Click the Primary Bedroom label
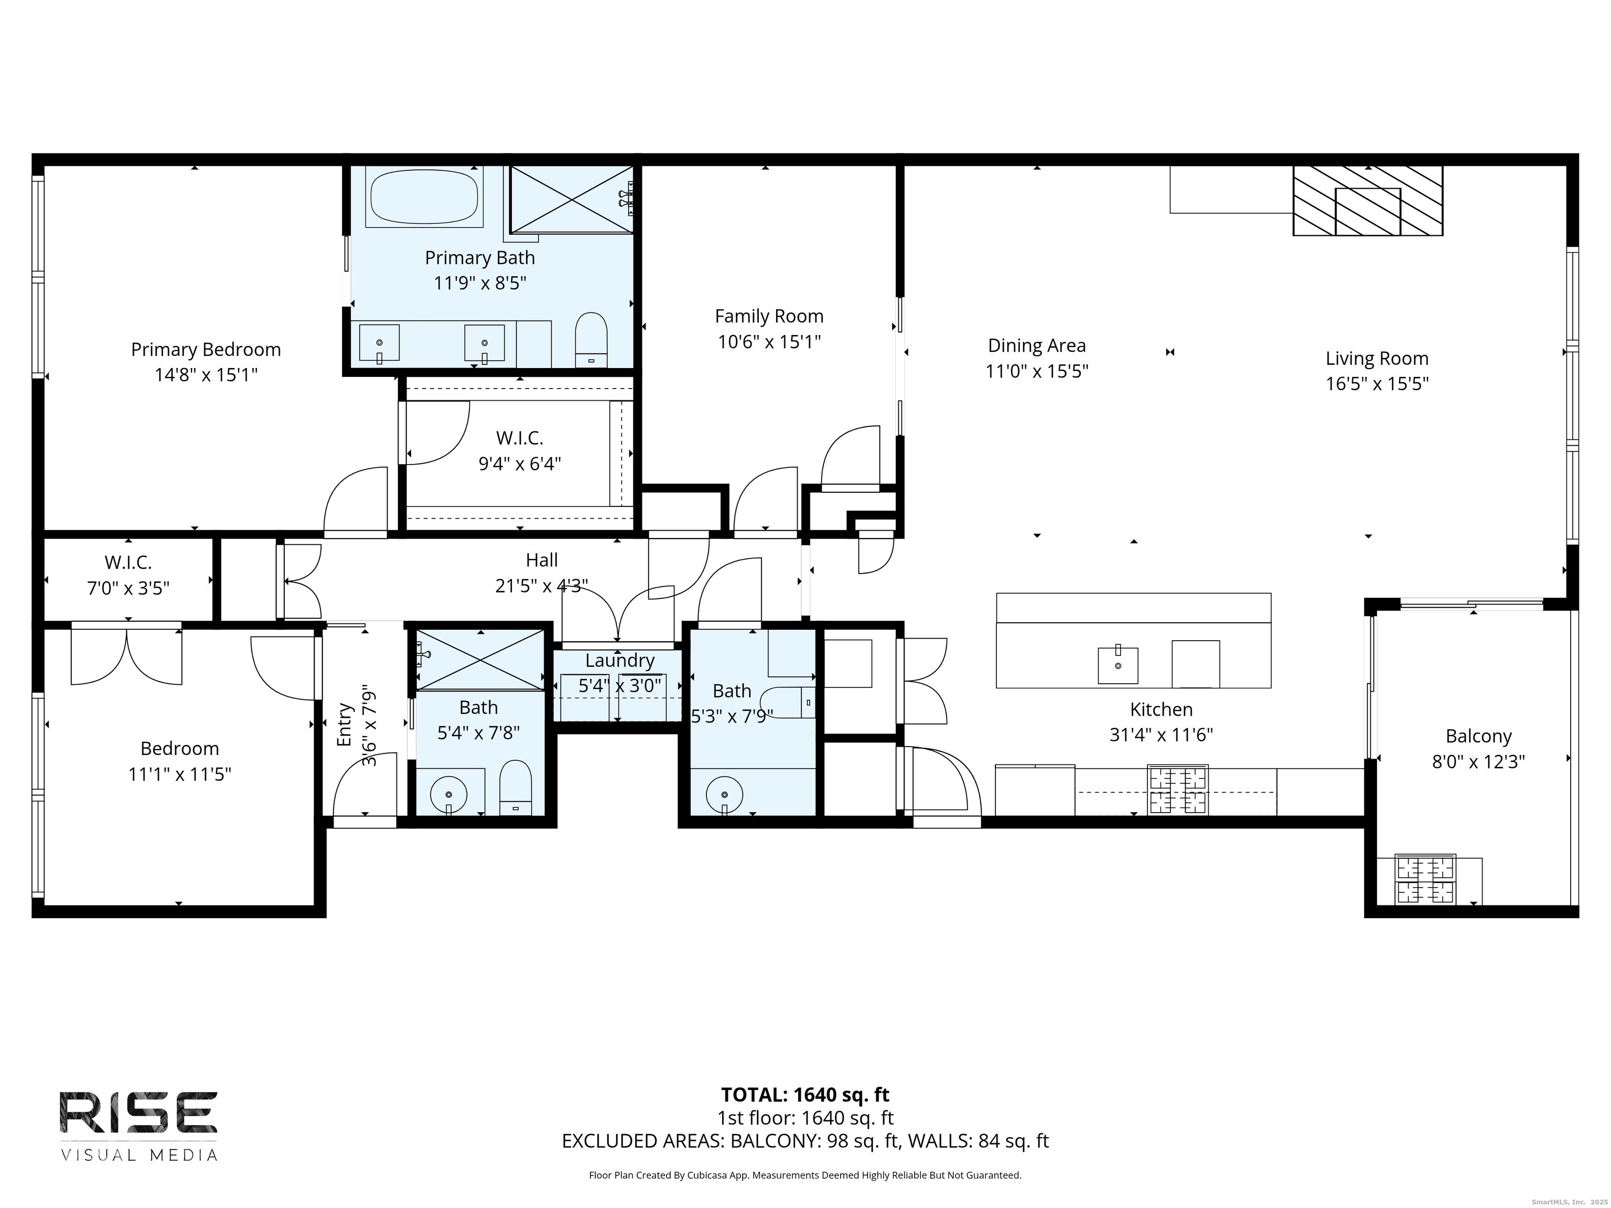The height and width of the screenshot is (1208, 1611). [206, 350]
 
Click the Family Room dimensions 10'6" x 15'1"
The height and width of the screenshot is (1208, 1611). [769, 341]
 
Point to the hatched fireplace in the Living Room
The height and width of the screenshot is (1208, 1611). [1367, 200]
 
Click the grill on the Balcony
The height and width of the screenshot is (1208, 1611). [1425, 879]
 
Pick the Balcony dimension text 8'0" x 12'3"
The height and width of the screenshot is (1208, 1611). [1478, 762]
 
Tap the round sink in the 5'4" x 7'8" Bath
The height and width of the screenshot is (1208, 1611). [449, 794]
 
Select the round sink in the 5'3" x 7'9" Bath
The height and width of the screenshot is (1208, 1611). [724, 794]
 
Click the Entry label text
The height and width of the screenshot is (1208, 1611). [345, 725]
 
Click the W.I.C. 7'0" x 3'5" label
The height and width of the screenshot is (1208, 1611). [128, 562]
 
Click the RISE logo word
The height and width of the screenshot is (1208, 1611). [138, 1112]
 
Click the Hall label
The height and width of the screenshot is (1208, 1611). [541, 560]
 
